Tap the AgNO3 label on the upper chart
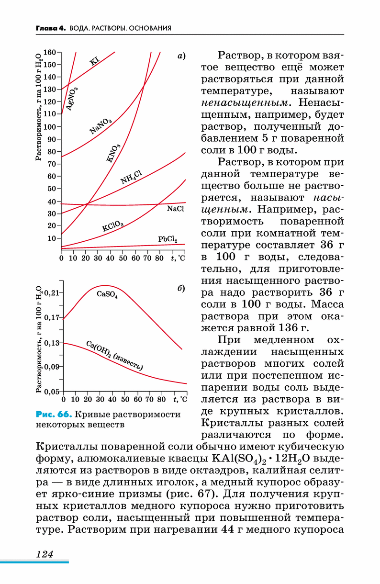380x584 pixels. tap(72, 99)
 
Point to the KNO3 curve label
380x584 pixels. tap(113, 153)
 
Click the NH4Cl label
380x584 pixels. tap(131, 177)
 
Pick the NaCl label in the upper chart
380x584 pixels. tap(176, 209)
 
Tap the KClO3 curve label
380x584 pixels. tap(112, 226)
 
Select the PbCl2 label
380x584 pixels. tap(168, 239)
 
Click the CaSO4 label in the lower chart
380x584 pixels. tap(107, 294)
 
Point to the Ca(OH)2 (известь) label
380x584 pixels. tap(114, 355)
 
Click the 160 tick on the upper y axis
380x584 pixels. tap(50, 52)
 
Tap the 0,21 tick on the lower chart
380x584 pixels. tap(52, 293)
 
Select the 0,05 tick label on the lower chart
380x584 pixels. tap(52, 392)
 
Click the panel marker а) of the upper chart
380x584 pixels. tap(181, 56)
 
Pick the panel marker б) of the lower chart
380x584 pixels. tap(181, 288)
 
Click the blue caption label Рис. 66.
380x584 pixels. tap(54, 414)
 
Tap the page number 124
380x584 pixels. tap(45, 554)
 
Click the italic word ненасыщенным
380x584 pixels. tap(245, 103)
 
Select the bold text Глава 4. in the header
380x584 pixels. tap(51, 28)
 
